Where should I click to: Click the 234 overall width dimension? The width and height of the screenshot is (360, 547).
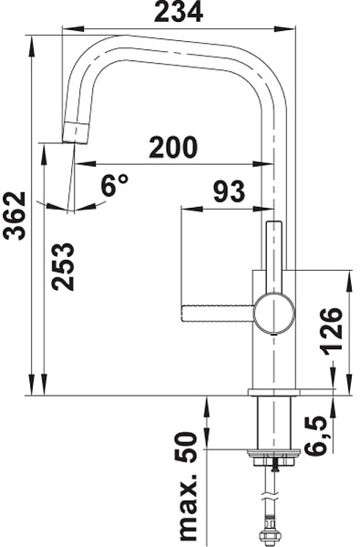pos(179,12)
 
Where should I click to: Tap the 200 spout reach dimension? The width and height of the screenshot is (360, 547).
pos(173,147)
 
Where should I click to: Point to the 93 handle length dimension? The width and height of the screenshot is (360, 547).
pos(229,191)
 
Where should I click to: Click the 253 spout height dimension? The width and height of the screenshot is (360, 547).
pos(63,266)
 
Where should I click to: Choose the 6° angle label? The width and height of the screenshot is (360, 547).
pos(115,185)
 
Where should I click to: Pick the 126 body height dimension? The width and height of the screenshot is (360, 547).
pos(331,332)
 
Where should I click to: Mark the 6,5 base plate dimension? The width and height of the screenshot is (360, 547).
pos(317,436)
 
